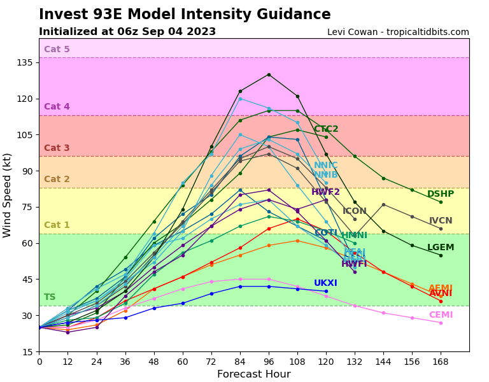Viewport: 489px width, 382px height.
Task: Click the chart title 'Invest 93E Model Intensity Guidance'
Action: pos(185,15)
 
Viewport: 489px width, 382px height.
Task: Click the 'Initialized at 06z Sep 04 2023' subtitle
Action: pos(127,32)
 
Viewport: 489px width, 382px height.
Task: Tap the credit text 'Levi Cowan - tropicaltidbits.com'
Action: pos(398,32)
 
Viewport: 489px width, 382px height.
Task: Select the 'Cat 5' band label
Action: pos(57,50)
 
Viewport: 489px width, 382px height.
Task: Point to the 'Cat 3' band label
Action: pos(57,148)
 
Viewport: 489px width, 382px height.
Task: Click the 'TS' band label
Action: pos(50,297)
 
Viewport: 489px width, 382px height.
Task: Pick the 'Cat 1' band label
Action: pos(57,225)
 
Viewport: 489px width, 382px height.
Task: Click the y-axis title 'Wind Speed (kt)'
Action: pos(8,195)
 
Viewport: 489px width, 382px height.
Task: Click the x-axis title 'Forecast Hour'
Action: pos(253,374)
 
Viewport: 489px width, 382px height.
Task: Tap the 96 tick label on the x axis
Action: pos(269,361)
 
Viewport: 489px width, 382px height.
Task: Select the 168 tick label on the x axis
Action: pos(441,361)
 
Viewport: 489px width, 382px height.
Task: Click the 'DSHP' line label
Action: pos(441,194)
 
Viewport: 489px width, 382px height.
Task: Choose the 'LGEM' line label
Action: pos(441,248)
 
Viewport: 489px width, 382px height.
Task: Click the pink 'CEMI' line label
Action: pos(441,315)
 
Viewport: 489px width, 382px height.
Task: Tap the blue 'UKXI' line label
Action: pos(325,283)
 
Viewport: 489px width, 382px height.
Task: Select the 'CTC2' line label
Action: pos(326,129)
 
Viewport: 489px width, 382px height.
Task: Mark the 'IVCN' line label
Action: pos(441,221)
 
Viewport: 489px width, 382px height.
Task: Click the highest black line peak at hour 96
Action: pos(269,74)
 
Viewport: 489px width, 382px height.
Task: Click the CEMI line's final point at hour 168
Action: pos(441,323)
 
